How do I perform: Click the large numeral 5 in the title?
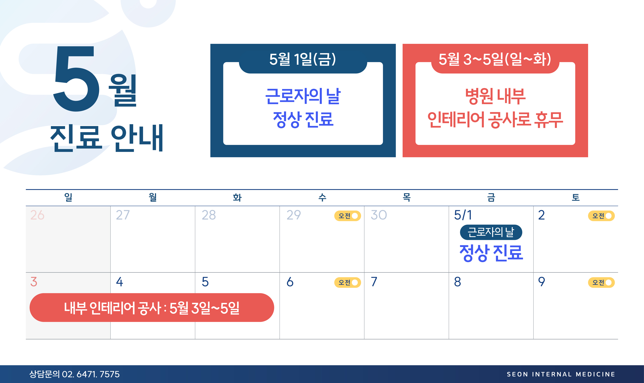[x=76, y=79]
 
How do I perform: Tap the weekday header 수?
[x=322, y=197]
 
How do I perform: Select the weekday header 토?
[x=575, y=197]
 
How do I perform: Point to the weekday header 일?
[x=68, y=197]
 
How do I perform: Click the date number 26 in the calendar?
[x=37, y=215]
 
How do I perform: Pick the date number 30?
[x=379, y=215]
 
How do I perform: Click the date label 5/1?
[x=463, y=215]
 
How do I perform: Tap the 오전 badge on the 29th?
[x=347, y=216]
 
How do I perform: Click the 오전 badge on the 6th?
[x=347, y=283]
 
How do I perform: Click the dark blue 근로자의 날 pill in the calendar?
[x=491, y=232]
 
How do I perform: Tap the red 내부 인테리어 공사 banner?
[x=152, y=308]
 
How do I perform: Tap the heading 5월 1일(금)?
[x=303, y=59]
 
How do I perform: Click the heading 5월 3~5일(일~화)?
[x=495, y=59]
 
